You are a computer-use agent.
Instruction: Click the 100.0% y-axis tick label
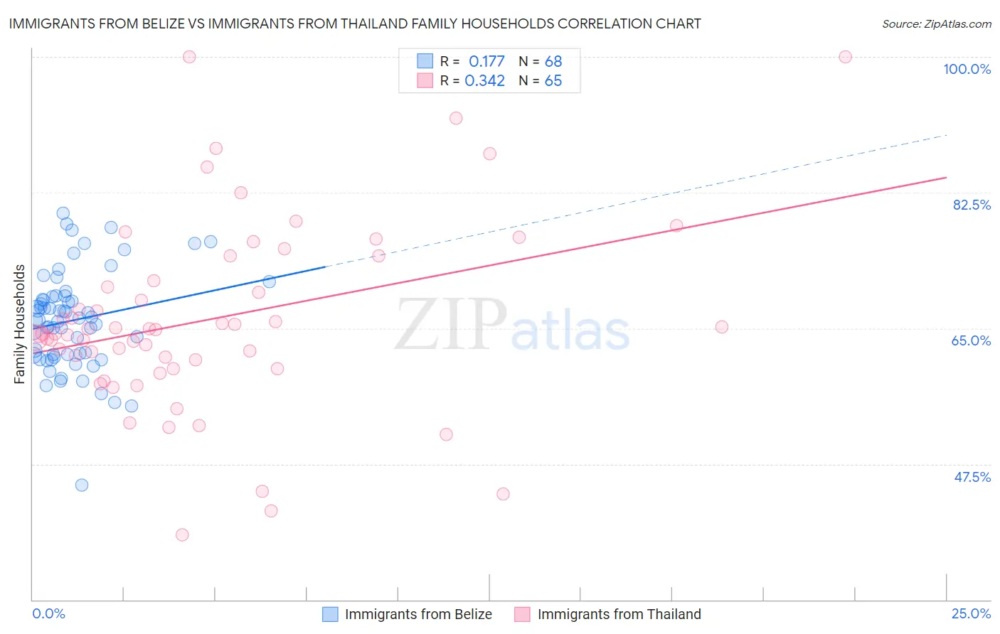(967, 69)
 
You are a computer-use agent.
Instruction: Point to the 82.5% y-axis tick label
(971, 205)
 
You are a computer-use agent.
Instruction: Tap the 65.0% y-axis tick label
(971, 340)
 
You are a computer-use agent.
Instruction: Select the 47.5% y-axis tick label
(972, 477)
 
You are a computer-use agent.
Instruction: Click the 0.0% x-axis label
(48, 613)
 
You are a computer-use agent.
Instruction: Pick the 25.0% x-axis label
(971, 613)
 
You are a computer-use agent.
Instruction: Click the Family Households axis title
(20, 324)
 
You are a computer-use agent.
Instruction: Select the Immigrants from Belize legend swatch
(330, 614)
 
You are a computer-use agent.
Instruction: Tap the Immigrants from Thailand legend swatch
(523, 614)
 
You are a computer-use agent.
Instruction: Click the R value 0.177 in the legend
(486, 62)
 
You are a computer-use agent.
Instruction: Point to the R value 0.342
(484, 81)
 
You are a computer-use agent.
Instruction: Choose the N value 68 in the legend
(553, 62)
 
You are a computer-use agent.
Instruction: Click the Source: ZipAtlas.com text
(936, 24)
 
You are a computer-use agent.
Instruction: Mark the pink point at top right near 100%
(845, 57)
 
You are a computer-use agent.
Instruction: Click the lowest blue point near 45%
(82, 485)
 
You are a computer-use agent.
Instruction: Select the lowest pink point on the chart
(182, 534)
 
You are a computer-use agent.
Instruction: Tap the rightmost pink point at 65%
(722, 327)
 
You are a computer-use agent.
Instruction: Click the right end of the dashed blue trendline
(947, 135)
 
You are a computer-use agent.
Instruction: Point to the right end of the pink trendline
(947, 177)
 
